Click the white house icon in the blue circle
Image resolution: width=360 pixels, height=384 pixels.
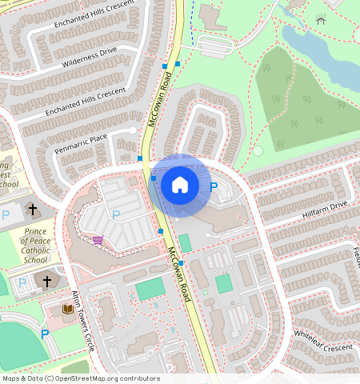(x=180, y=185)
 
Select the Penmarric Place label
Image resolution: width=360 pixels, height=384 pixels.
(x=80, y=144)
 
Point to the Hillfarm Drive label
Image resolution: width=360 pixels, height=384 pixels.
(x=325, y=206)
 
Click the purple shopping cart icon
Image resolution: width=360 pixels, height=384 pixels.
(x=98, y=240)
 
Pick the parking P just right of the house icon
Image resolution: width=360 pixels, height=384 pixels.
(x=214, y=187)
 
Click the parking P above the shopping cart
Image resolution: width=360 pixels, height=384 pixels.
(x=116, y=214)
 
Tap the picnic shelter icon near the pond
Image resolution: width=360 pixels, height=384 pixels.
(x=321, y=20)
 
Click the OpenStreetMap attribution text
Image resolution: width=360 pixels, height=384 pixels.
(x=80, y=378)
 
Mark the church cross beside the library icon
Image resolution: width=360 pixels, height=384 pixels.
(x=47, y=282)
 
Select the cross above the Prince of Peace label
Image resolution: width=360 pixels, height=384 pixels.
(x=33, y=210)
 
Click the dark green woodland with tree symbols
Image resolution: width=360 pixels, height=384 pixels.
(x=304, y=104)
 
